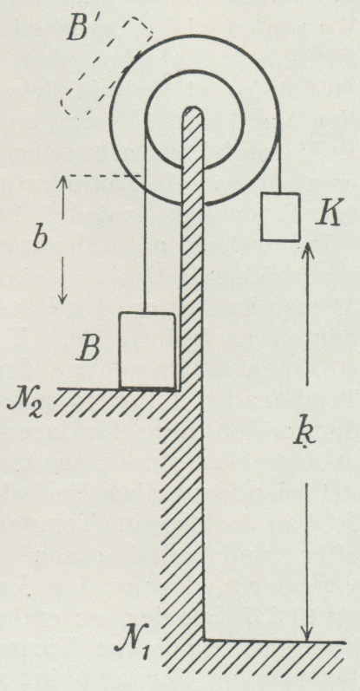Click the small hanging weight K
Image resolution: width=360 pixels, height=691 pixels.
(280, 217)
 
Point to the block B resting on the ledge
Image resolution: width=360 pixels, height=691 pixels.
(147, 350)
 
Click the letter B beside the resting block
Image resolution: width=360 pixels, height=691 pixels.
(90, 350)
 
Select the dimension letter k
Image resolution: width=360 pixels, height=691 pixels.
(305, 435)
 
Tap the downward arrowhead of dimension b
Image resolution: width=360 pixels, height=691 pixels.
(62, 297)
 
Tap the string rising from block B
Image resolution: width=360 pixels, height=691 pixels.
(145, 220)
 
